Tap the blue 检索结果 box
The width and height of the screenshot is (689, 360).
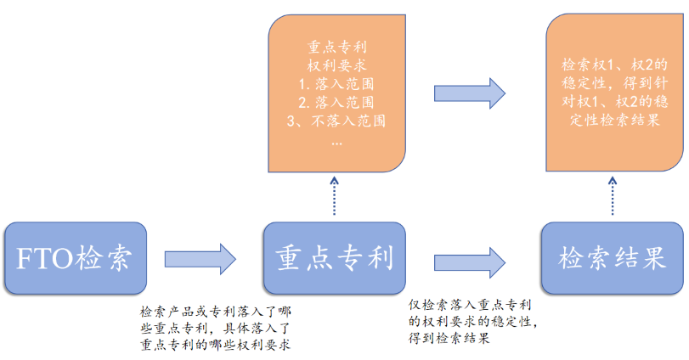[611, 258]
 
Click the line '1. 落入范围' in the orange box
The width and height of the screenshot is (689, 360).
[337, 84]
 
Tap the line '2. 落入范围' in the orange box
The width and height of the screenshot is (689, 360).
[337, 102]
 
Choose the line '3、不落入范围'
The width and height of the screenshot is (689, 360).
[337, 121]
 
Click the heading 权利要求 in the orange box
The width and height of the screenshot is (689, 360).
[337, 65]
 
